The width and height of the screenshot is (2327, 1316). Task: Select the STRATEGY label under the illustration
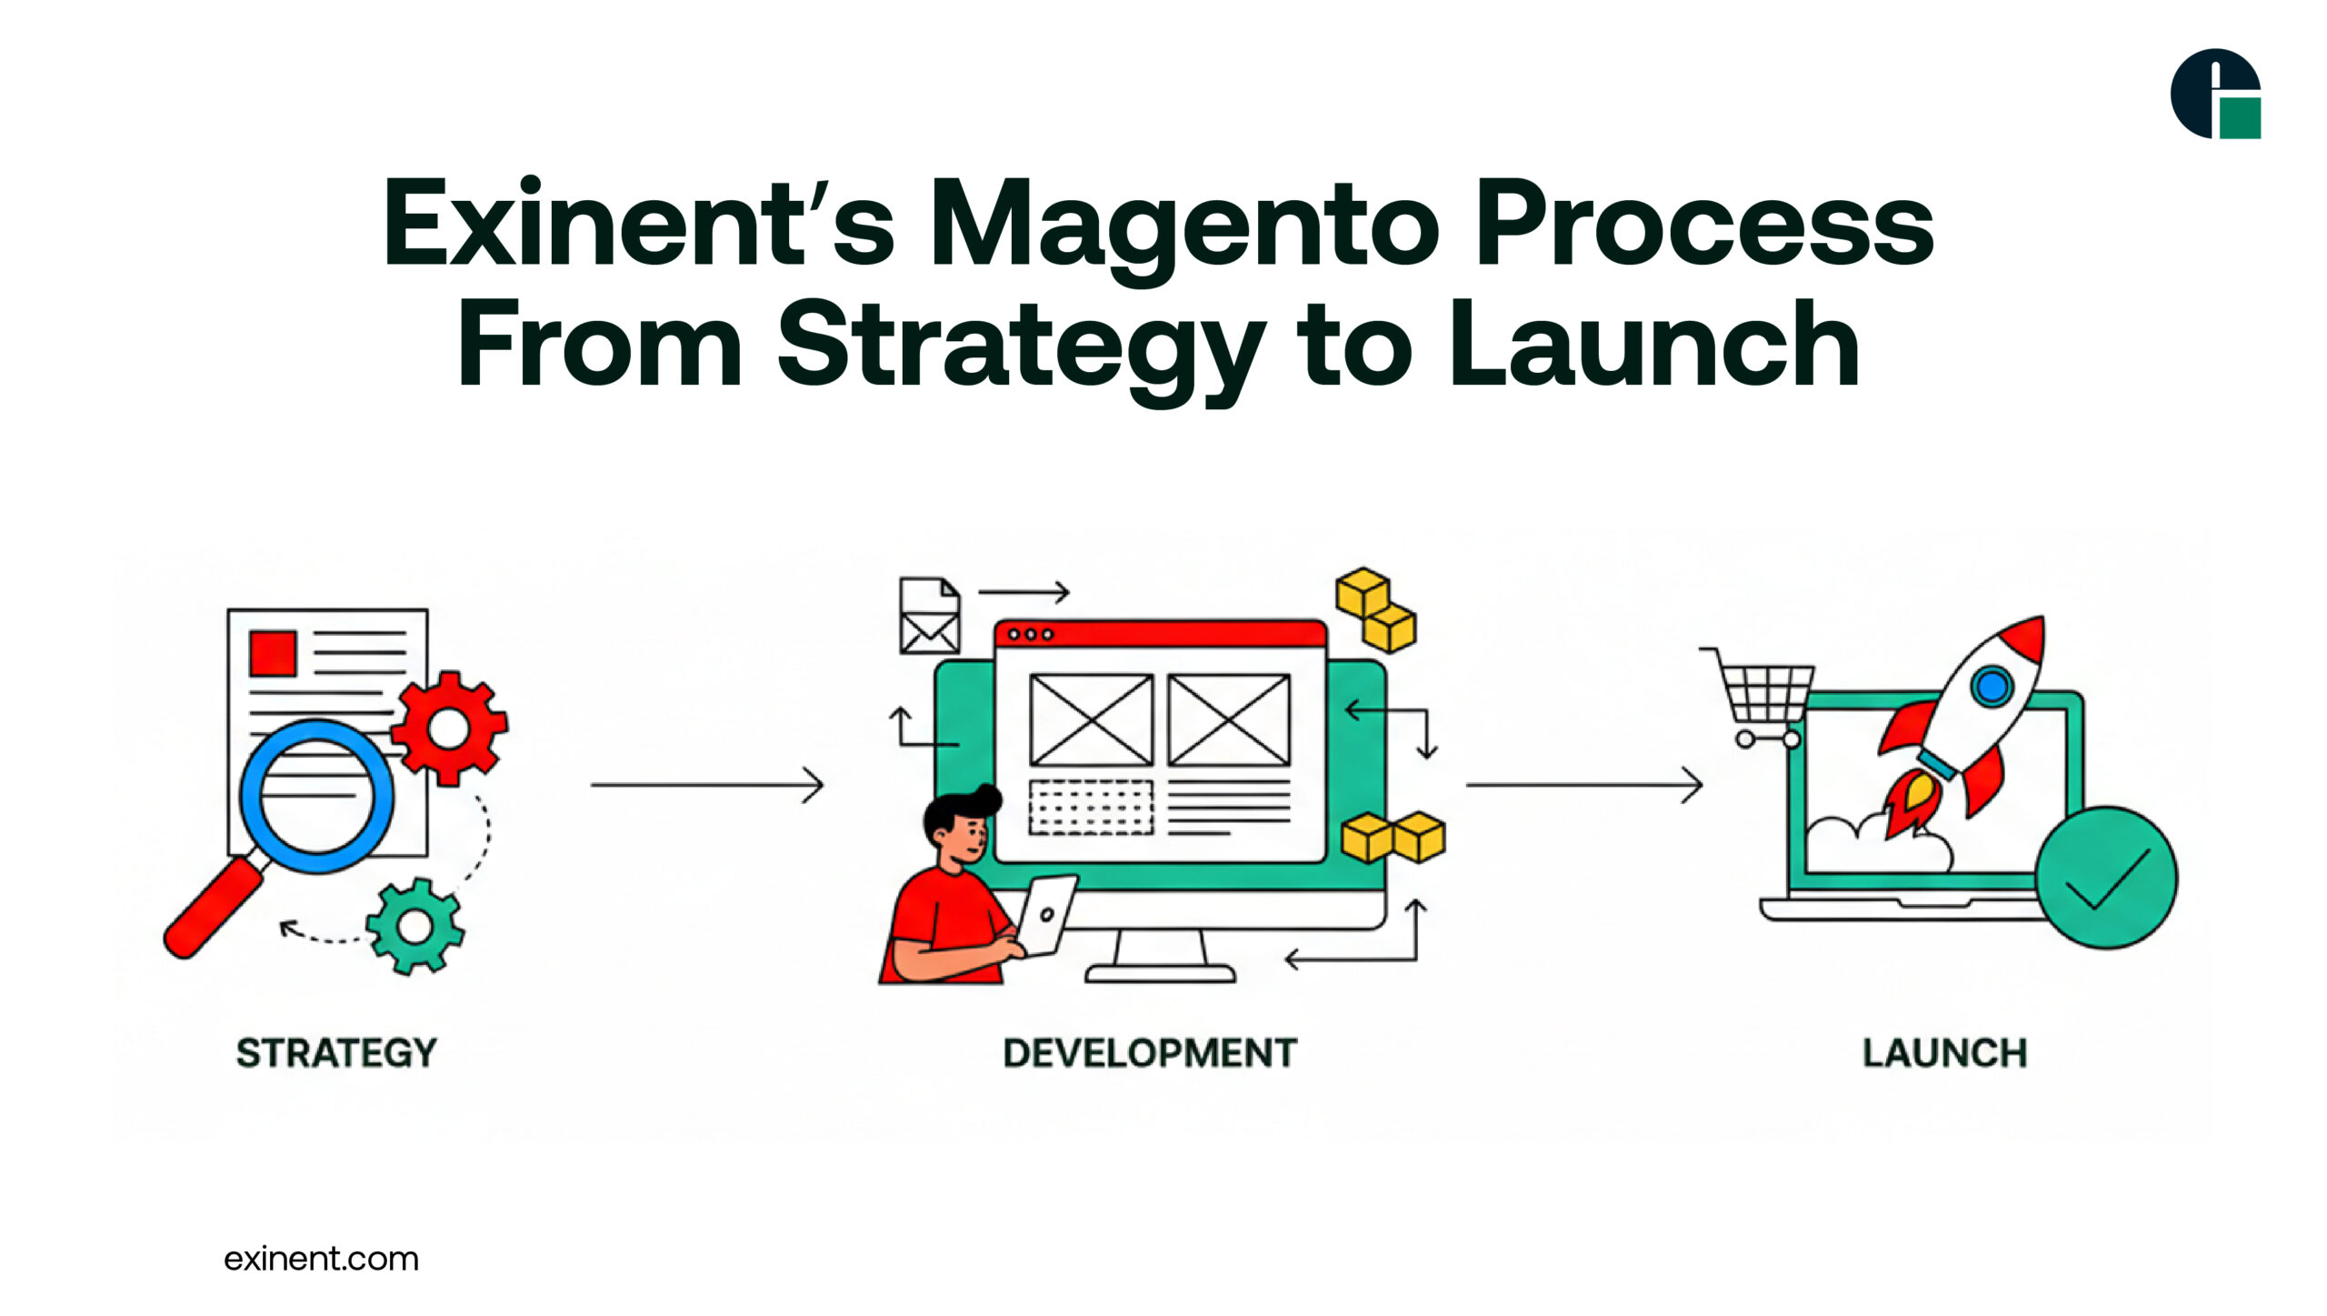coord(336,1053)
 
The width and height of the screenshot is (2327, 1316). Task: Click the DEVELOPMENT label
coord(1150,1053)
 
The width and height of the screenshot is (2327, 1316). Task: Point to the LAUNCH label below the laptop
coord(1944,1053)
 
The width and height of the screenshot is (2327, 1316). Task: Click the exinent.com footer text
coord(321,1259)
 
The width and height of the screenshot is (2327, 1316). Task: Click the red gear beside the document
coord(450,728)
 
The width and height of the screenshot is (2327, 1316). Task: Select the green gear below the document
coord(415,926)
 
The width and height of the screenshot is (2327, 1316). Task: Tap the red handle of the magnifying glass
coord(212,909)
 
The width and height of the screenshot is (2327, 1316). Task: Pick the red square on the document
coord(273,653)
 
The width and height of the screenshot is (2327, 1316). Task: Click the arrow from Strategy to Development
coord(706,784)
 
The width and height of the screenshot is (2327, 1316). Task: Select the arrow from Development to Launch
coord(1583,784)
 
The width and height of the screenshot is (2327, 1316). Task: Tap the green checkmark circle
coord(2106,878)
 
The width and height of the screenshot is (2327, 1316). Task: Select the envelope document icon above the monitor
coord(929,616)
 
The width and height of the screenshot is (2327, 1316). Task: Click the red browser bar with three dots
coord(1160,634)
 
